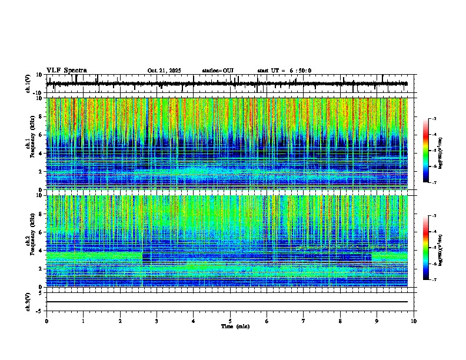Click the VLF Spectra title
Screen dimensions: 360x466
tap(66, 70)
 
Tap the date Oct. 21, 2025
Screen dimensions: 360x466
tap(164, 71)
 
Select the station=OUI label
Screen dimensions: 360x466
tap(218, 71)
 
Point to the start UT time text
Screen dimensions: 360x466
tap(284, 71)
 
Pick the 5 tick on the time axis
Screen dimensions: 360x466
tap(230, 321)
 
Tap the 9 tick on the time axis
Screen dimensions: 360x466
tap(377, 321)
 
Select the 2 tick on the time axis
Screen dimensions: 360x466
tap(120, 321)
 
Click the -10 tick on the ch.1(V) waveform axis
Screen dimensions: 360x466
tap(38, 92)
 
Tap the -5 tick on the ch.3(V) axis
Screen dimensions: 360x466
tap(39, 310)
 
